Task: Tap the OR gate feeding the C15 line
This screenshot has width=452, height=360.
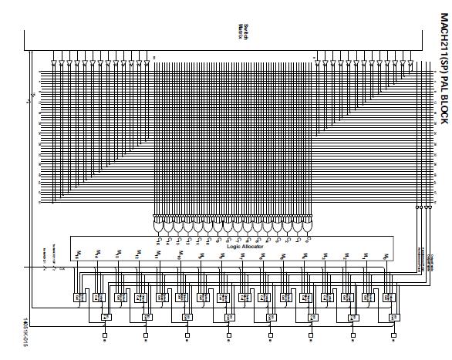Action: point(160,228)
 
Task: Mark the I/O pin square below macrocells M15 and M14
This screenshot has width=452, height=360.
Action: point(106,336)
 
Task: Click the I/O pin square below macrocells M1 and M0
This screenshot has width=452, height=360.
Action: point(393,336)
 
